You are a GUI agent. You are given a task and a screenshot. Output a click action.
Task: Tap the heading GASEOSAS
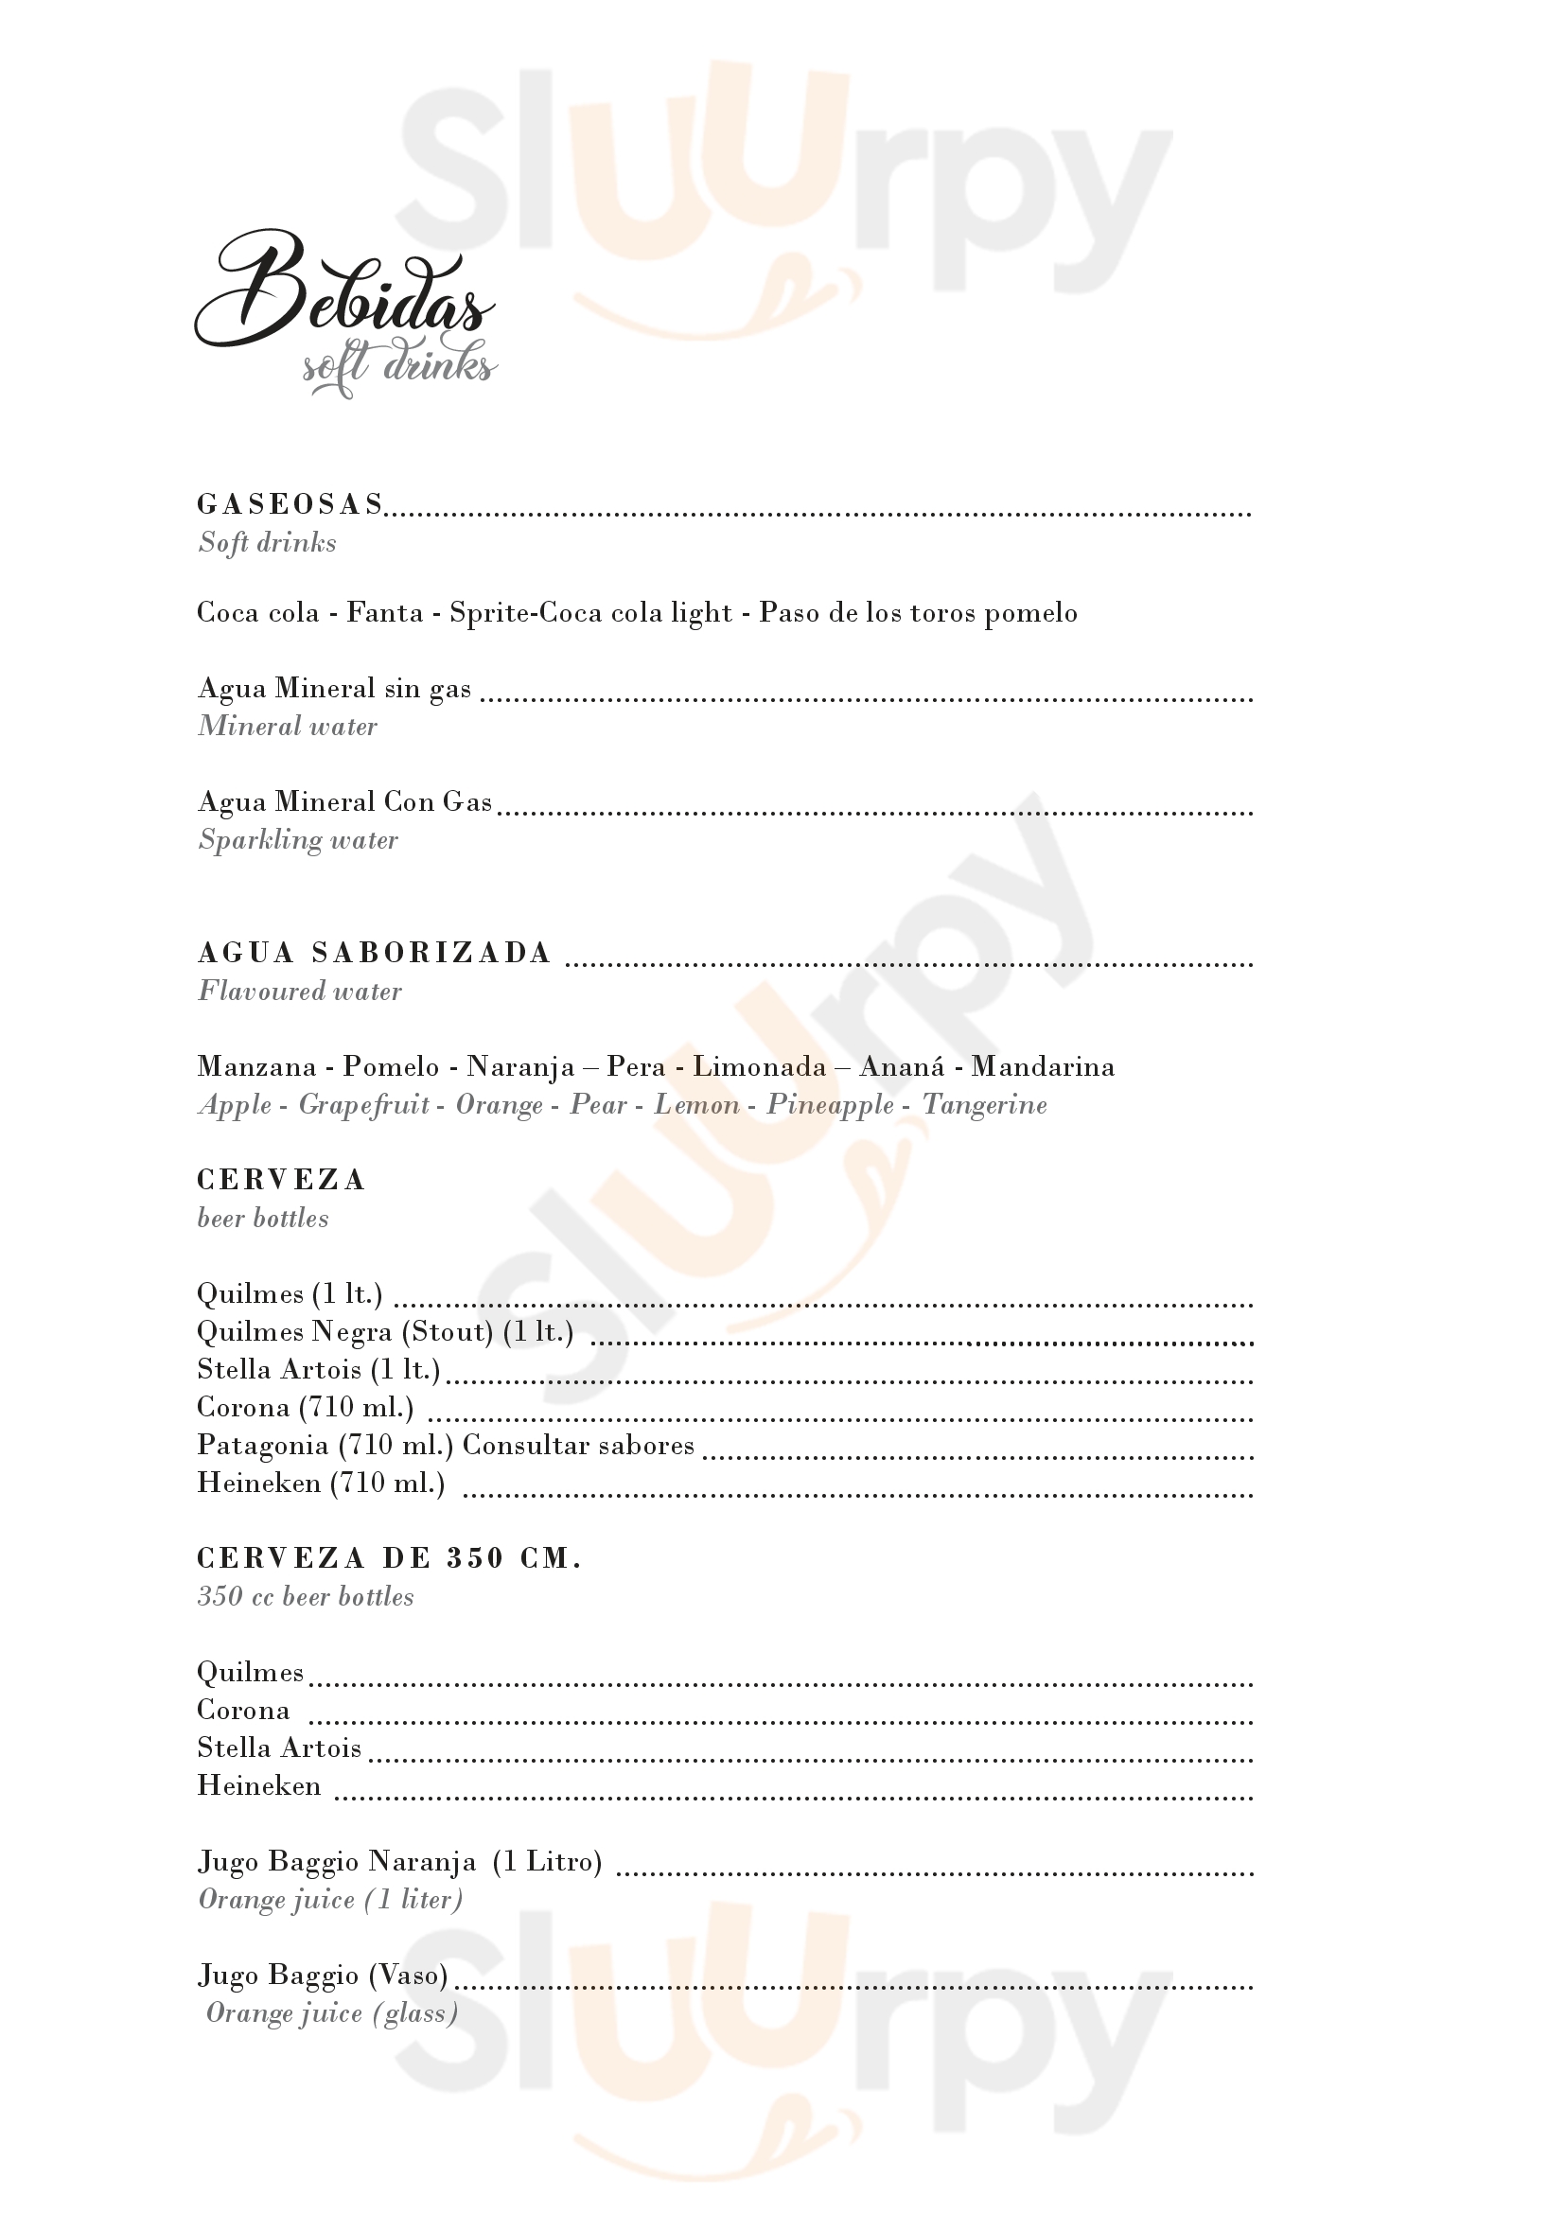[x=290, y=504]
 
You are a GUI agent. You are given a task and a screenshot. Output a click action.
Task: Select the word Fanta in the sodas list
[x=384, y=613]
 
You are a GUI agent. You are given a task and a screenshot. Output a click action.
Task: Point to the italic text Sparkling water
[x=298, y=840]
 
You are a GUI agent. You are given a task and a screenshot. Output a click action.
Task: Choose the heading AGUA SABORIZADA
[x=374, y=954]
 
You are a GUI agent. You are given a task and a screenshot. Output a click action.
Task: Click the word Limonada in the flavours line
[x=760, y=1067]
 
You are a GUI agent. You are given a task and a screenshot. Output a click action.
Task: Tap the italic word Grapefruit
[x=363, y=1104]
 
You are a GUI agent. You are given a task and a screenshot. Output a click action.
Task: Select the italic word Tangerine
[x=984, y=1104]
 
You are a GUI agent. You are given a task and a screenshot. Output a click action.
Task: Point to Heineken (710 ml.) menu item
[x=321, y=1484]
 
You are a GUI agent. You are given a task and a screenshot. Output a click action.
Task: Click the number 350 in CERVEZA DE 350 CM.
[x=475, y=1558]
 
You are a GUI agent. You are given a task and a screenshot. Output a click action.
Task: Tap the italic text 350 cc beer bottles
[x=306, y=1597]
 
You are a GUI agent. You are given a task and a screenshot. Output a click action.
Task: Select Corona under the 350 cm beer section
[x=243, y=1711]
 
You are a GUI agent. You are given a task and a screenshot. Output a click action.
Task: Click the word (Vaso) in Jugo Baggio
[x=409, y=1976]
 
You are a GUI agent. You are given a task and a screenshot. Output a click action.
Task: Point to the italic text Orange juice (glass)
[x=331, y=2013]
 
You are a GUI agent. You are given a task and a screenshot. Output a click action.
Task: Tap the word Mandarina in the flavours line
[x=1043, y=1067]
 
